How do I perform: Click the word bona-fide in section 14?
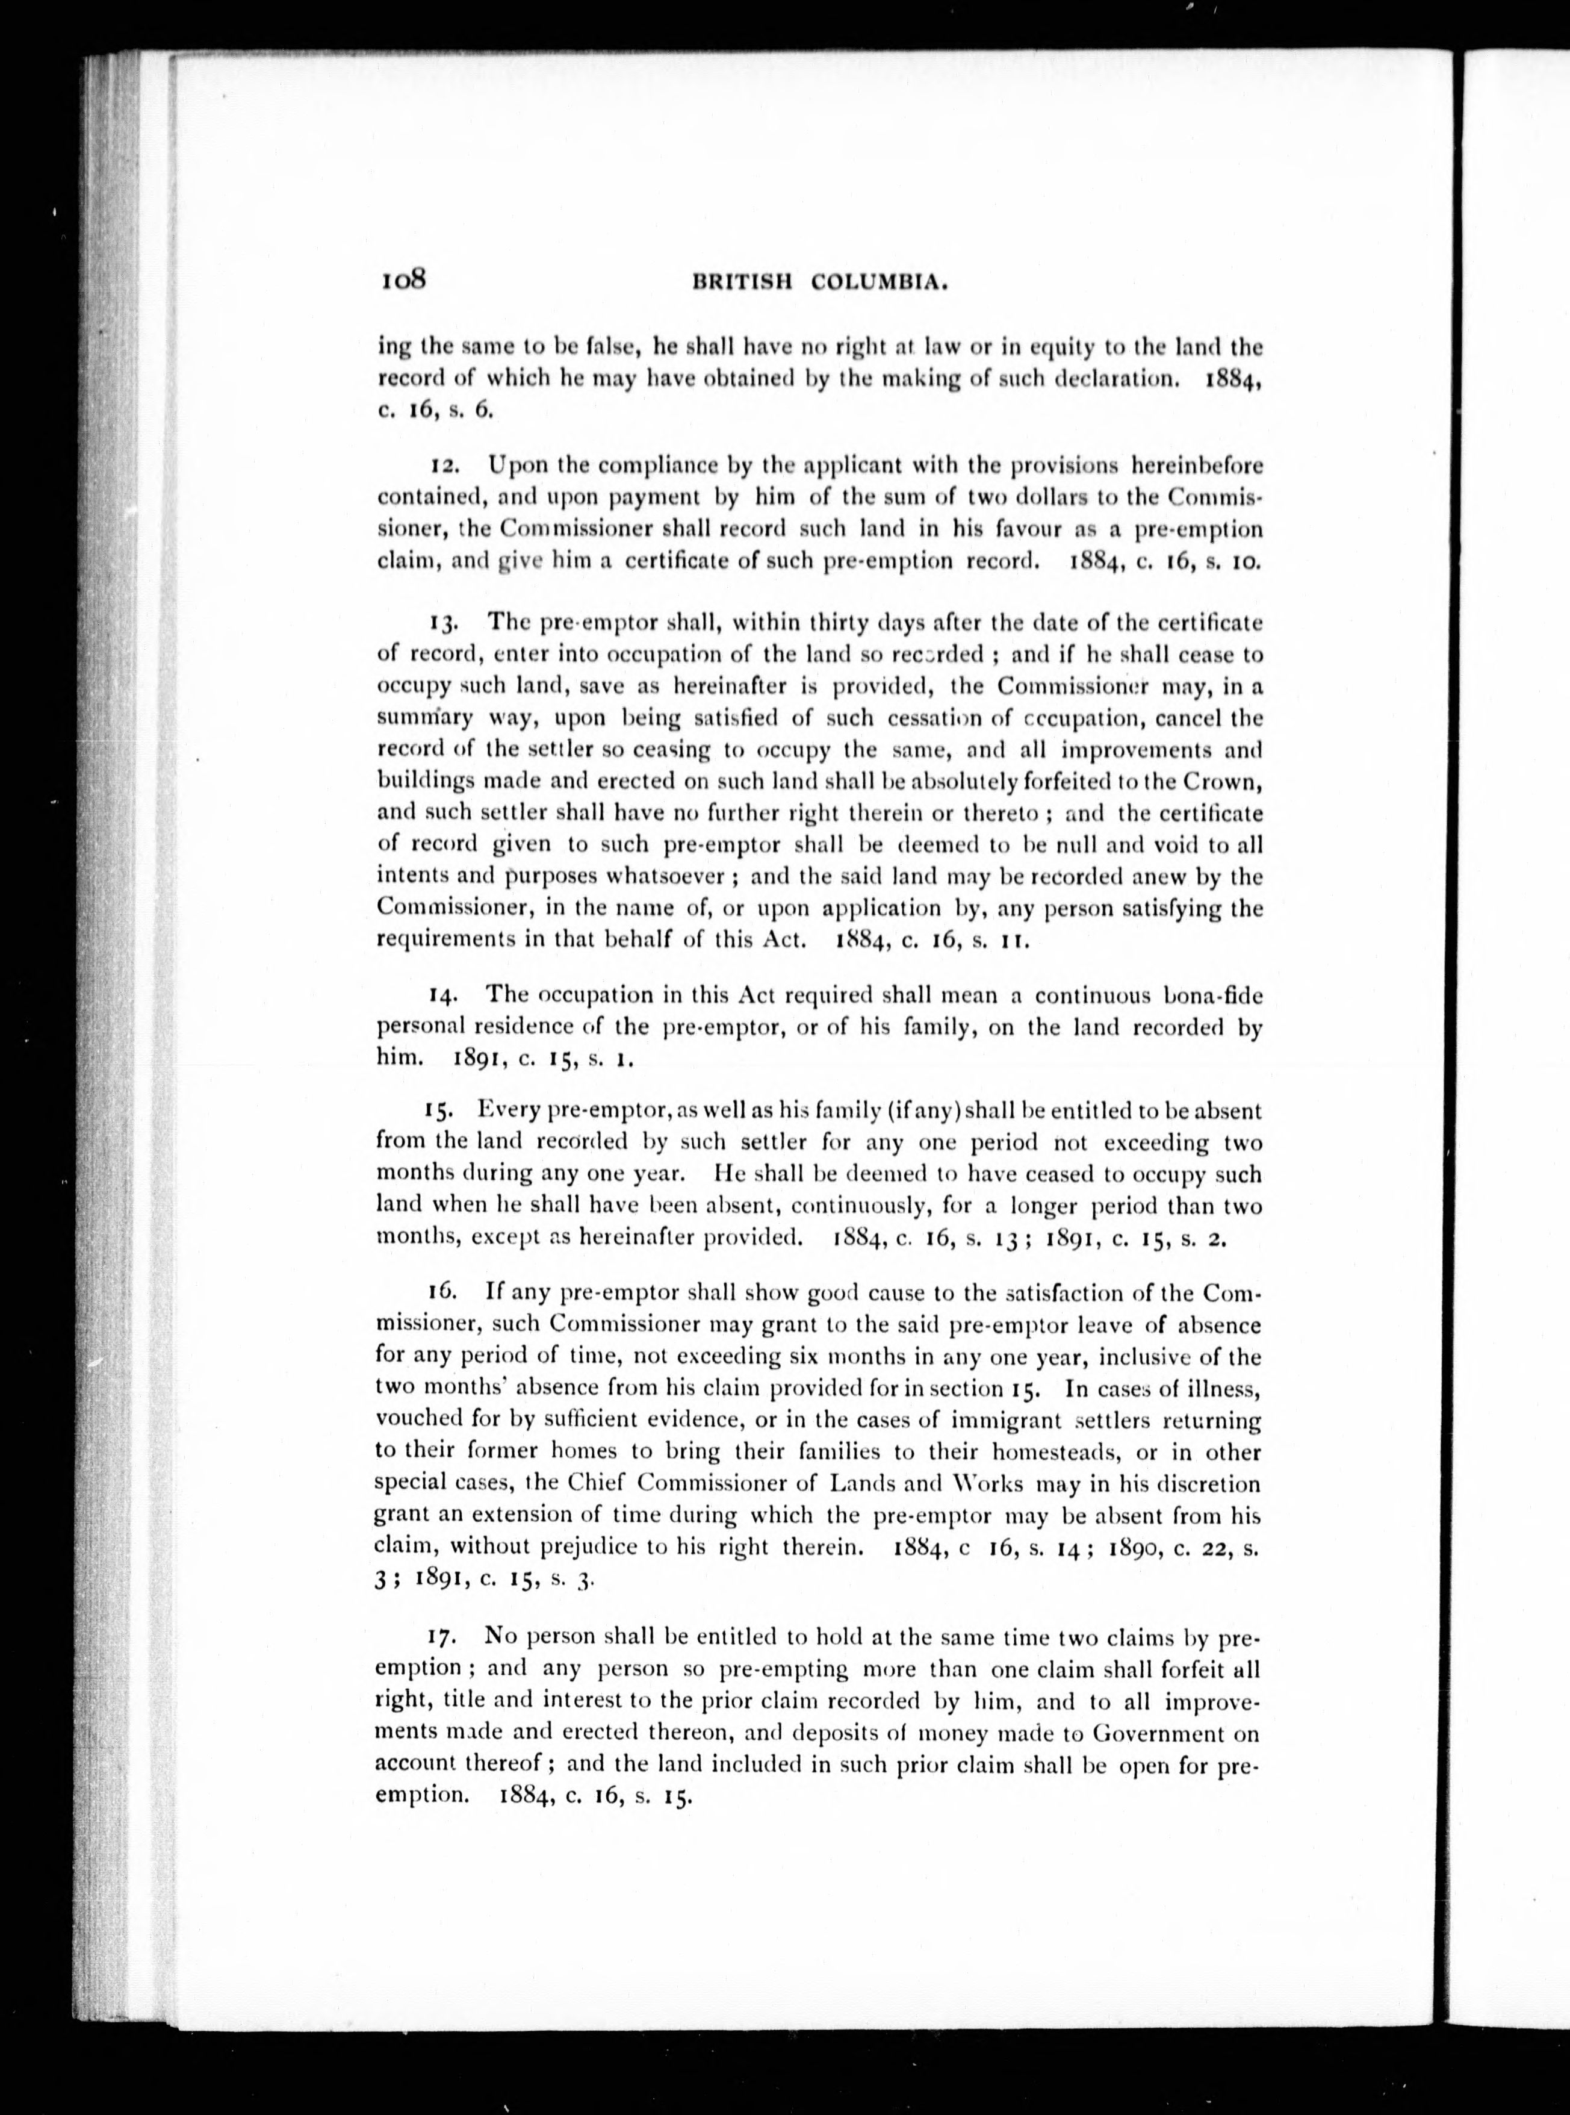click(x=1212, y=995)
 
